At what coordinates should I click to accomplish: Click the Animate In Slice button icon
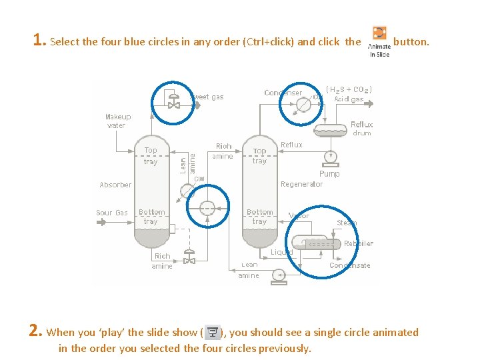tap(379, 33)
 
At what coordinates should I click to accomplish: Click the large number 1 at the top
tap(39, 40)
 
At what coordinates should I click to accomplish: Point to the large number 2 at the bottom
tap(36, 331)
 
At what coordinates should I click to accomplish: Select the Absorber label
tap(115, 185)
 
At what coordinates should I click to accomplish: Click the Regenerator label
tap(301, 184)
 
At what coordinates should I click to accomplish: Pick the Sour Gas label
tap(111, 213)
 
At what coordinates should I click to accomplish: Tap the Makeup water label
tap(118, 121)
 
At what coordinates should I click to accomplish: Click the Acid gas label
tap(349, 99)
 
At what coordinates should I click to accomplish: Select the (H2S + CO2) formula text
tap(349, 89)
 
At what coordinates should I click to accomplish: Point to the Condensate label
tap(350, 265)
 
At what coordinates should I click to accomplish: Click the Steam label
tap(347, 223)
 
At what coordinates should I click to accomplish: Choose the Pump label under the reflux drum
tap(329, 173)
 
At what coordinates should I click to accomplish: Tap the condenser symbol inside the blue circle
tap(304, 103)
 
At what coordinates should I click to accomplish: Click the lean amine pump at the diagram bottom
tap(279, 275)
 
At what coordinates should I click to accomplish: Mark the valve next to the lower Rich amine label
tap(189, 257)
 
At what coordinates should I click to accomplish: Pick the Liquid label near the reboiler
tap(282, 252)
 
